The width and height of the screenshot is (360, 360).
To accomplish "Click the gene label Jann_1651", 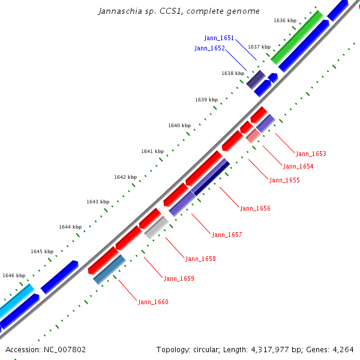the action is point(219,38).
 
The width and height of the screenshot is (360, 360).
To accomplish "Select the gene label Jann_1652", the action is point(209,48).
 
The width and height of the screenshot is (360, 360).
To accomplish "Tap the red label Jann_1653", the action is point(311,154).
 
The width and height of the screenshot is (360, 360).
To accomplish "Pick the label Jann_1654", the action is point(298,167).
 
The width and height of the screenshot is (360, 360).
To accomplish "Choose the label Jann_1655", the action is point(284,180).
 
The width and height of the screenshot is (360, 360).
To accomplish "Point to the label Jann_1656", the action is point(255,208).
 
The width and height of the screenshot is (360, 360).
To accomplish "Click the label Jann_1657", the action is point(227,235).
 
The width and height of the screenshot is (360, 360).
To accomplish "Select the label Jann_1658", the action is point(200,259).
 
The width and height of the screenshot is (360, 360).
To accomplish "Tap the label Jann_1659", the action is point(179,278).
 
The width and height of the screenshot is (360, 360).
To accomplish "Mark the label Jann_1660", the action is point(153,302).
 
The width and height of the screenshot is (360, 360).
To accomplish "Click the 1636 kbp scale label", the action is point(285,20).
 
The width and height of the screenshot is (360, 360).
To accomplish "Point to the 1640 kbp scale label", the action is point(179,125).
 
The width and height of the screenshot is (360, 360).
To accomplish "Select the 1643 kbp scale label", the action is point(98,202).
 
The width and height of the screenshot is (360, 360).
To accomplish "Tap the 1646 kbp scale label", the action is point(14,275).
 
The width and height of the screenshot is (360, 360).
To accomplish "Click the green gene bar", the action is point(297,37).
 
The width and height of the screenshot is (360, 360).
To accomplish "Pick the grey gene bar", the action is point(156,227).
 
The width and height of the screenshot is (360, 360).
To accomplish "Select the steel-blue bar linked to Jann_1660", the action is point(109,269).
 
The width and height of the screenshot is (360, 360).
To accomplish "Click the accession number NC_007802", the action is point(63,349).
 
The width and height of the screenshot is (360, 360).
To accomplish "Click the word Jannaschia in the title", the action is point(119,11).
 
